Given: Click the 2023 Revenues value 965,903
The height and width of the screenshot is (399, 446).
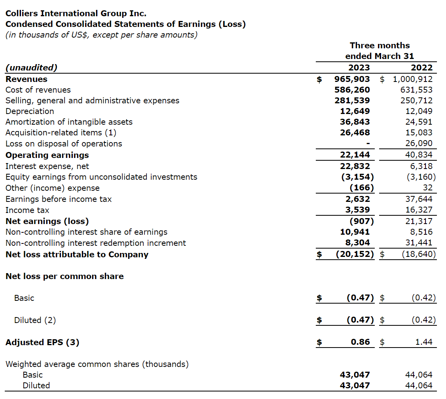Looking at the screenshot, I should tap(352, 79).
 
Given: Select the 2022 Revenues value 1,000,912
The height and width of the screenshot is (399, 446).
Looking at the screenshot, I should tap(413, 79).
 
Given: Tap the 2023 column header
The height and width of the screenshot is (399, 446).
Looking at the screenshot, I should tap(359, 68).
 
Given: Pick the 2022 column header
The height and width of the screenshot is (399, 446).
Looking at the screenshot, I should tap(422, 68).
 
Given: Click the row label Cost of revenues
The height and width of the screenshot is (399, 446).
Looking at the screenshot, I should tap(38, 90).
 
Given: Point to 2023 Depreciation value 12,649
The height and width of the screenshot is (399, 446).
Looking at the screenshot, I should tap(355, 111).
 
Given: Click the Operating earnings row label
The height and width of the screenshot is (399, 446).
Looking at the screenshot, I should tap(47, 155).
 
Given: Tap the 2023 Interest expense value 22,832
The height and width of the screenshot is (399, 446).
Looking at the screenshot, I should tap(355, 166).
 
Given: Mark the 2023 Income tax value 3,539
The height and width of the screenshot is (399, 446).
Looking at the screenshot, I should tap(357, 210).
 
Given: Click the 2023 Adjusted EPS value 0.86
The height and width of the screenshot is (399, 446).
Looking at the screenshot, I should tap(361, 342).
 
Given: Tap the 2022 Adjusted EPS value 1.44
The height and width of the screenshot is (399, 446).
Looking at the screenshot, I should tap(424, 342).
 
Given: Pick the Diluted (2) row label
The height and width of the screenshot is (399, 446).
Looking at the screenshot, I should tap(35, 320).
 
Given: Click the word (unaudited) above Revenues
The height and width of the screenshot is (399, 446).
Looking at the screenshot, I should tap(31, 68).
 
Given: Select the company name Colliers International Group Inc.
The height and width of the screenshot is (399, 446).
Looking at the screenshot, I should tap(76, 13).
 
